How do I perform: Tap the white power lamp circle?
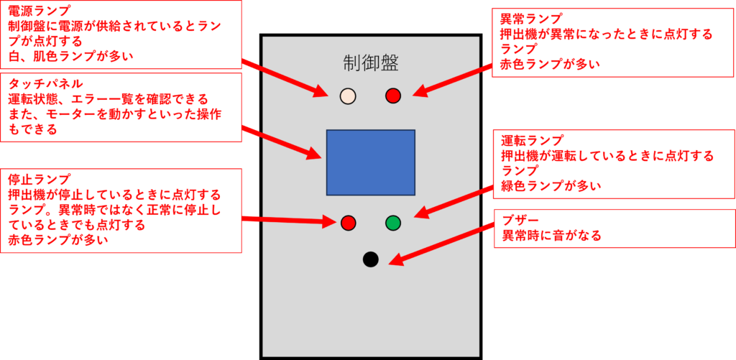coord(348,96)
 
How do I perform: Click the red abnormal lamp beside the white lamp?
coord(393,96)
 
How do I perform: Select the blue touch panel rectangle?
coord(371,162)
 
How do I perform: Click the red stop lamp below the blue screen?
coord(349,223)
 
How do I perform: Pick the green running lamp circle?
coord(393,223)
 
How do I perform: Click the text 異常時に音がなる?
coord(551,236)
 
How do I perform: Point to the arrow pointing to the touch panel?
coord(280,142)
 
